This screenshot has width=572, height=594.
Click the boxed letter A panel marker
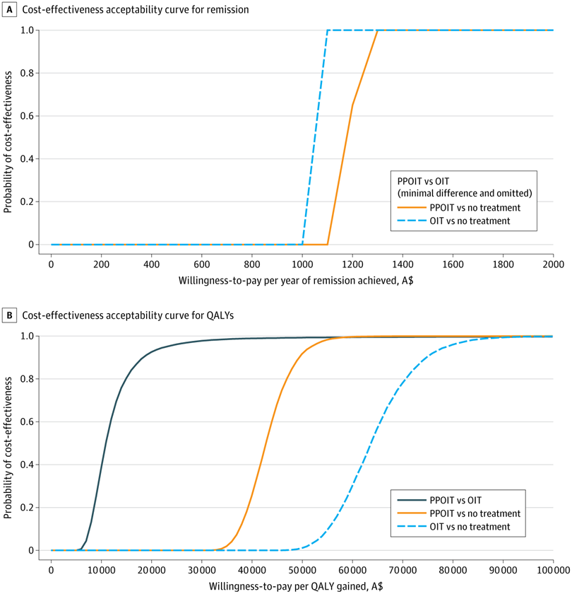10,10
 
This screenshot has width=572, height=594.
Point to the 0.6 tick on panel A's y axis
30,116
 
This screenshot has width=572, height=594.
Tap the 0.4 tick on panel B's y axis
30,465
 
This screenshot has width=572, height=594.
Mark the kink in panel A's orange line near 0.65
352,105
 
